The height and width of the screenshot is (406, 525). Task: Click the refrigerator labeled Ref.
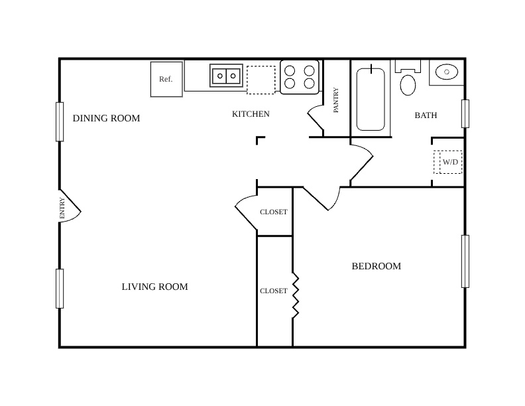point(166,80)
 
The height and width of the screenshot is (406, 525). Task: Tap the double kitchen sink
point(226,76)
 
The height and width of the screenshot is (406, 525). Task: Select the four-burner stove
point(300,77)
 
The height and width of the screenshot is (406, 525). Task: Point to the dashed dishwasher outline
point(261,80)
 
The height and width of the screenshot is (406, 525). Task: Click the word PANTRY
point(336,100)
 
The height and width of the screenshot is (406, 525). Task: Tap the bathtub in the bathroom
point(371,99)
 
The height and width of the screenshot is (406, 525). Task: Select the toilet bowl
point(408,85)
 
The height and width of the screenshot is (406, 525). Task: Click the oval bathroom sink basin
point(447,72)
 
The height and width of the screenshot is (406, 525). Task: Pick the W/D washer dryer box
point(448,162)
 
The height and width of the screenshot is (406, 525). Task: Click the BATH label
point(426,115)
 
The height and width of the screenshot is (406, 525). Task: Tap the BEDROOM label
point(377,266)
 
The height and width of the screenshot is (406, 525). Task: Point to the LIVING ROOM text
point(154,287)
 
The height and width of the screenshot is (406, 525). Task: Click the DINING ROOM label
point(106,118)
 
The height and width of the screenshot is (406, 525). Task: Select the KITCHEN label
point(251,114)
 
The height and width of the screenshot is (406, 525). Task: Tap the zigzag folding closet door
point(296,296)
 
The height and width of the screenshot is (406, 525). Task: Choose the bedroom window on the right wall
point(465,261)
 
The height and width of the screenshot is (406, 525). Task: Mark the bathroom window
point(465,113)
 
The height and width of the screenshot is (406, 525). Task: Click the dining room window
point(60,121)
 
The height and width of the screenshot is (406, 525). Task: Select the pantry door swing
point(314,118)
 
